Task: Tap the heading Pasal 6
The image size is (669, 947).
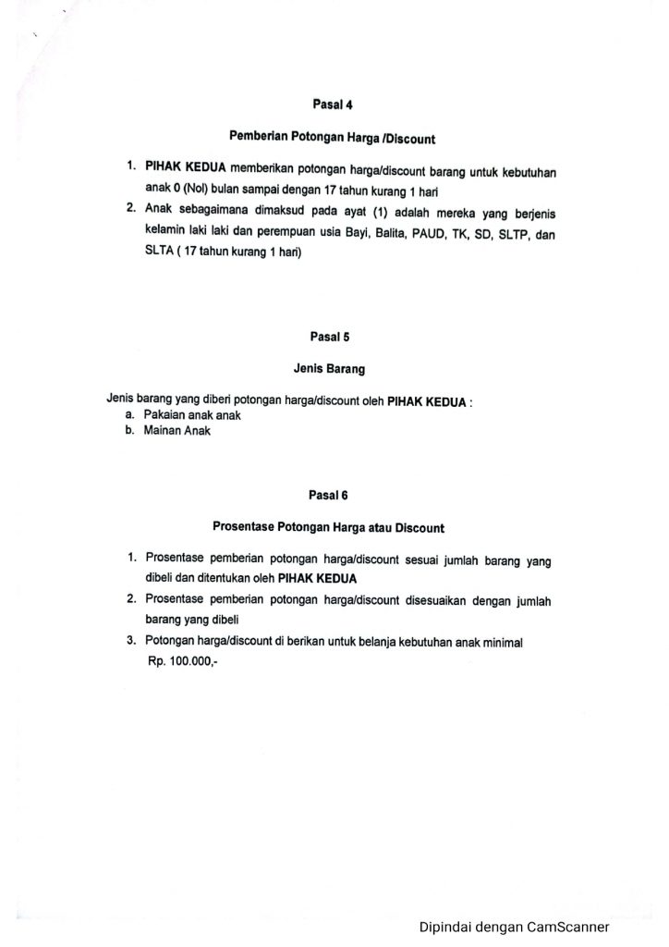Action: coord(328,495)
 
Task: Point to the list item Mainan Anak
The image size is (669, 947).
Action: coord(176,431)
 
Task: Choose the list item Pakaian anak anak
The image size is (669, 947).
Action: coord(186,416)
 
